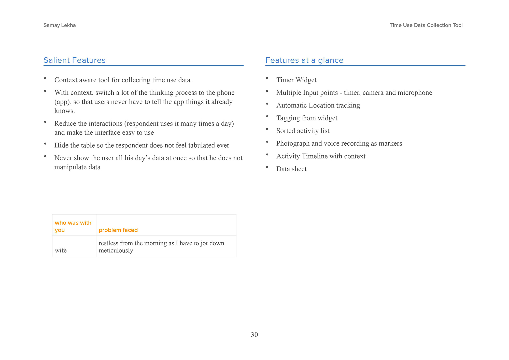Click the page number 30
[254, 335]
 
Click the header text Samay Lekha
[60, 25]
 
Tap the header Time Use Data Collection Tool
[426, 25]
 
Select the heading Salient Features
[74, 60]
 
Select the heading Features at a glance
[304, 60]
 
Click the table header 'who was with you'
[73, 226]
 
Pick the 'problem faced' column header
[118, 230]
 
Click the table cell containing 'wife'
[61, 251]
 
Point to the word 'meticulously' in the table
[116, 251]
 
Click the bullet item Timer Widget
[296, 80]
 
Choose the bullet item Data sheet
[291, 169]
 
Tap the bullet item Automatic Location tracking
[318, 105]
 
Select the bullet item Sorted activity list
[303, 131]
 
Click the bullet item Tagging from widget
[307, 118]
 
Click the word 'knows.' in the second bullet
[65, 111]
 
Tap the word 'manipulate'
[70, 167]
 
